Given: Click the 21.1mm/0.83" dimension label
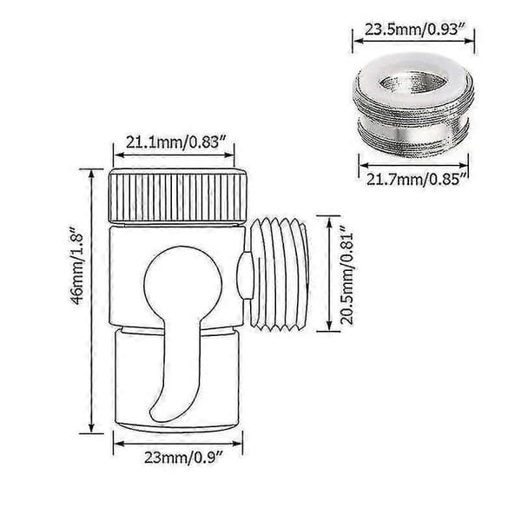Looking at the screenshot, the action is [174, 143].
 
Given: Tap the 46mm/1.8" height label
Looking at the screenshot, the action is [76, 266].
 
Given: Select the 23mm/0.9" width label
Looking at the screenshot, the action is [183, 458].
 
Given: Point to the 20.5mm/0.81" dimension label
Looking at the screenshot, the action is [347, 274].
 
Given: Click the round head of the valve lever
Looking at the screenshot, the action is [183, 279].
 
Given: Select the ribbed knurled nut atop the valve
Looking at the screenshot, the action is [178, 195].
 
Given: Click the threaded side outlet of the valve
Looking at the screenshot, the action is [279, 274].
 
